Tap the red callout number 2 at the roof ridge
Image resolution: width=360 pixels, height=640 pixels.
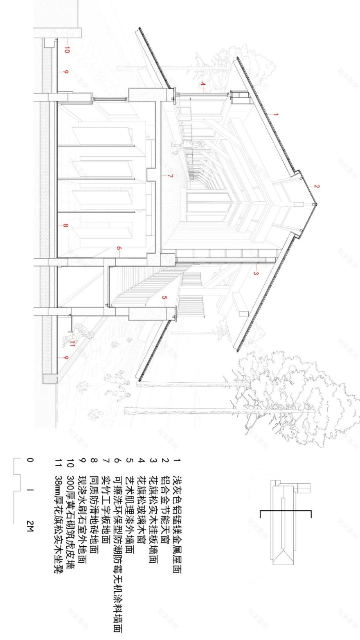coord(317,187)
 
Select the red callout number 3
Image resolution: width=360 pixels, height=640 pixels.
coord(255,273)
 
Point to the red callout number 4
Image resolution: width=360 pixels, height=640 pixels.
coord(202,85)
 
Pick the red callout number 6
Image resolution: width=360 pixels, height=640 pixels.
coord(118,248)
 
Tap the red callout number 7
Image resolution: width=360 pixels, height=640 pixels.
coord(170,176)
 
